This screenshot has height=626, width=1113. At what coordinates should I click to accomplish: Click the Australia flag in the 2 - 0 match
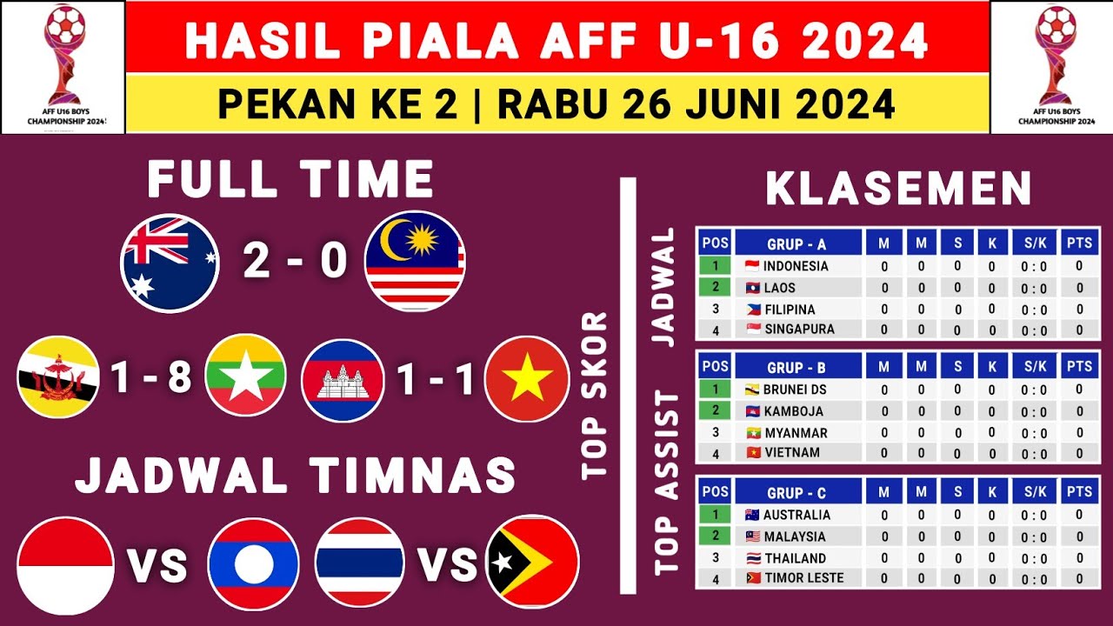[170, 263]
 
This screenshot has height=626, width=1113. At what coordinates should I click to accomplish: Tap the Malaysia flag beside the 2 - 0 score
[415, 262]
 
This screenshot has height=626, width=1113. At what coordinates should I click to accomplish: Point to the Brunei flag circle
[58, 378]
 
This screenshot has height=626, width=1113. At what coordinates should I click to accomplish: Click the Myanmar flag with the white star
[246, 379]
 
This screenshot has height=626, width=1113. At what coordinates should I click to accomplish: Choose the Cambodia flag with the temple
[343, 380]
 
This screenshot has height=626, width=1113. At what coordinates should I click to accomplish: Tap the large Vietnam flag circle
[527, 380]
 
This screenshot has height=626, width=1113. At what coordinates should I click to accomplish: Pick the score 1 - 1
[436, 379]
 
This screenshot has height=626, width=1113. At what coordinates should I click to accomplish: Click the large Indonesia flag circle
[65, 565]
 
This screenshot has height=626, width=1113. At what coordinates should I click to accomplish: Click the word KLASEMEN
[899, 189]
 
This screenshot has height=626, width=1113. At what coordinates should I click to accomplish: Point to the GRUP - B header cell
[796, 366]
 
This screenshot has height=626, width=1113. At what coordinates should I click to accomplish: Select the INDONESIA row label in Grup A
[795, 266]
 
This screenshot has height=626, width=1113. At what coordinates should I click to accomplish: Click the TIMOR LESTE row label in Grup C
[803, 577]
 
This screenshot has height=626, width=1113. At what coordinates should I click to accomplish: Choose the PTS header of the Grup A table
[1079, 243]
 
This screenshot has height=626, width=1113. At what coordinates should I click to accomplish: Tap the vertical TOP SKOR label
[596, 396]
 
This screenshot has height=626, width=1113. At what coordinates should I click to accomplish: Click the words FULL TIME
[290, 180]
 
